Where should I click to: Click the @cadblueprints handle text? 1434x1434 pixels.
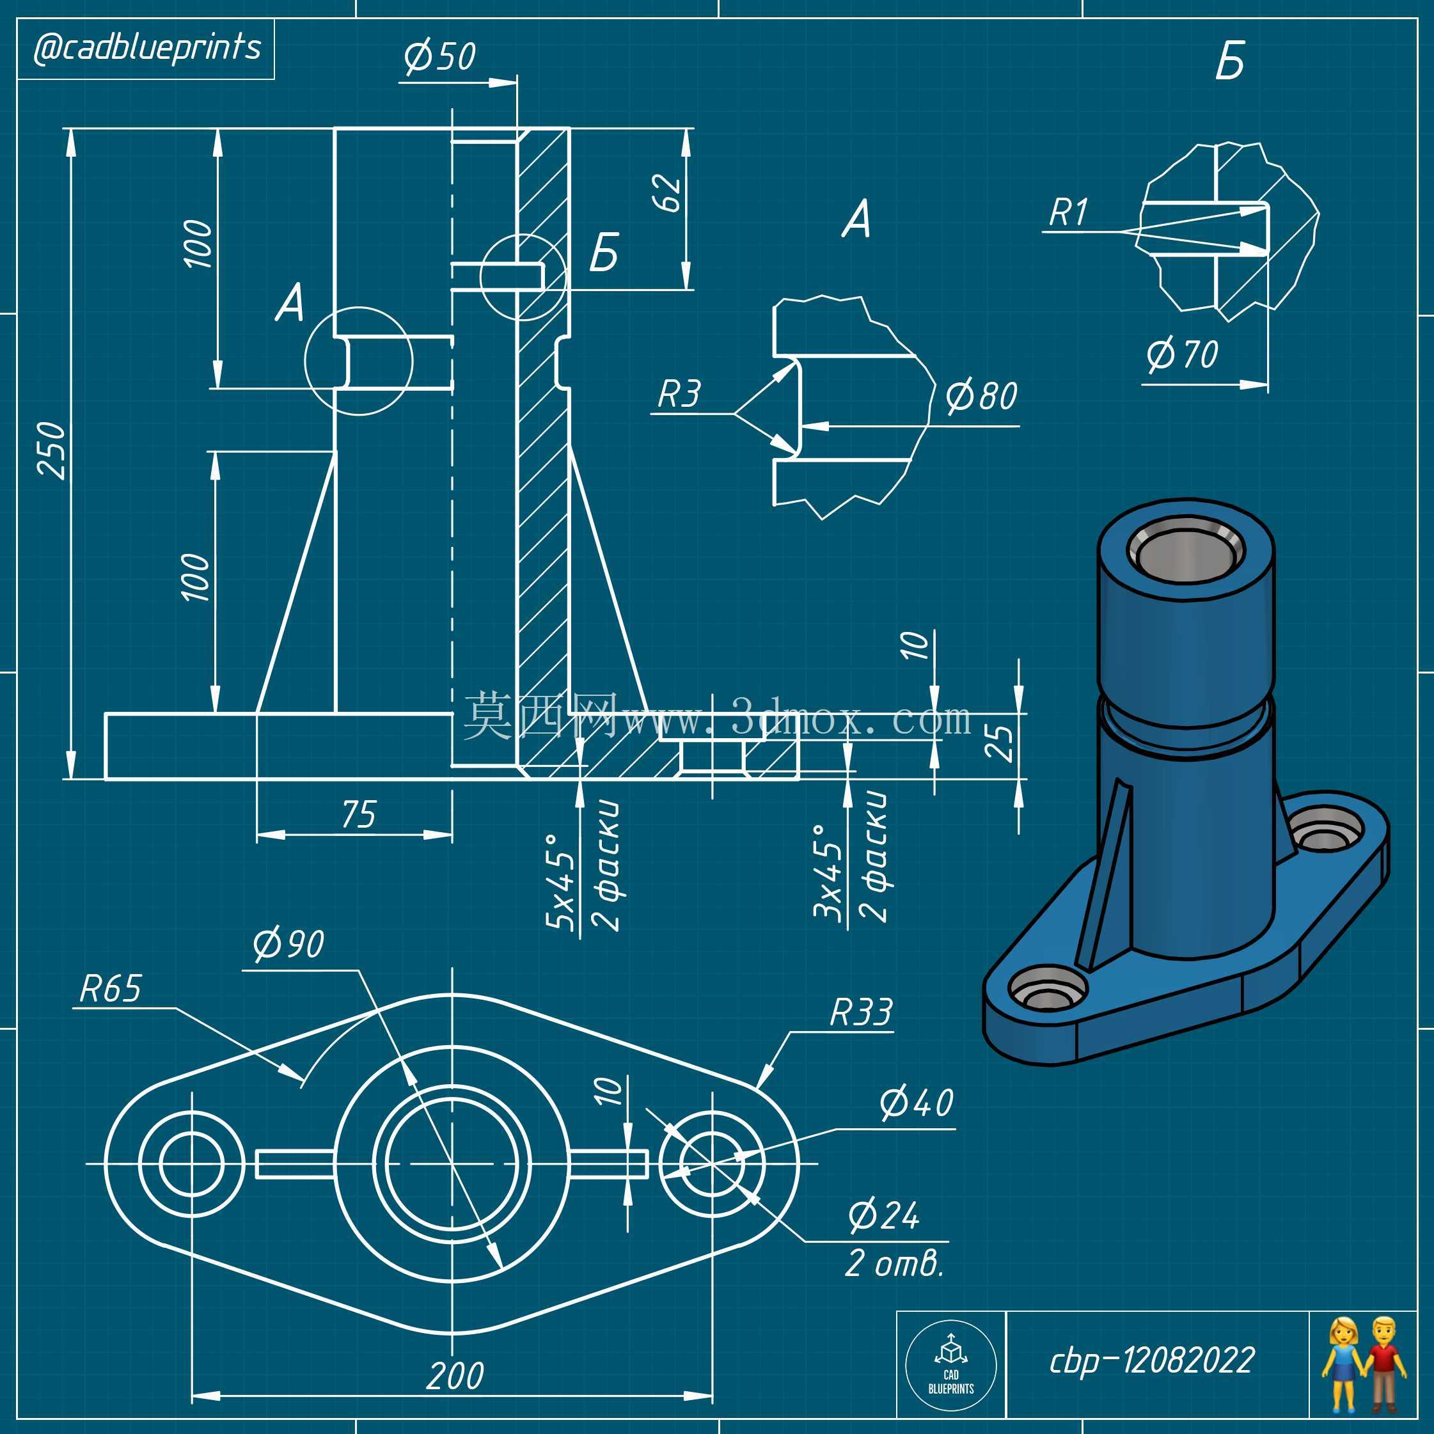click(147, 48)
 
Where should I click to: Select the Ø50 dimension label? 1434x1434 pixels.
click(439, 56)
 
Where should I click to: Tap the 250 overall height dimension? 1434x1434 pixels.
click(52, 450)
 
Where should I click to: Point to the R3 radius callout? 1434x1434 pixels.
click(679, 393)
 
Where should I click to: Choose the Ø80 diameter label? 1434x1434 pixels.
click(981, 396)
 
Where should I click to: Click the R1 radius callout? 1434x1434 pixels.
click(1069, 213)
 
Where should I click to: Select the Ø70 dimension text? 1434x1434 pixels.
click(1183, 354)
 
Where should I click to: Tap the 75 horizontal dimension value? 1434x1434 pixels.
click(359, 814)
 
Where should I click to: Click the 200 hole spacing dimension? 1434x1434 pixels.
click(455, 1375)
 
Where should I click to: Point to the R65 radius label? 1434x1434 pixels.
click(110, 989)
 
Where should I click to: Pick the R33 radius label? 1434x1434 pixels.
click(861, 1012)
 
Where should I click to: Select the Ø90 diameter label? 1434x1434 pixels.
click(288, 943)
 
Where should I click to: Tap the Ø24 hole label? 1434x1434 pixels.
click(884, 1215)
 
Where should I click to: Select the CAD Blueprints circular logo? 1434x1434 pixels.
click(951, 1366)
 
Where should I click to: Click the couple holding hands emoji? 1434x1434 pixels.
click(1364, 1364)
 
